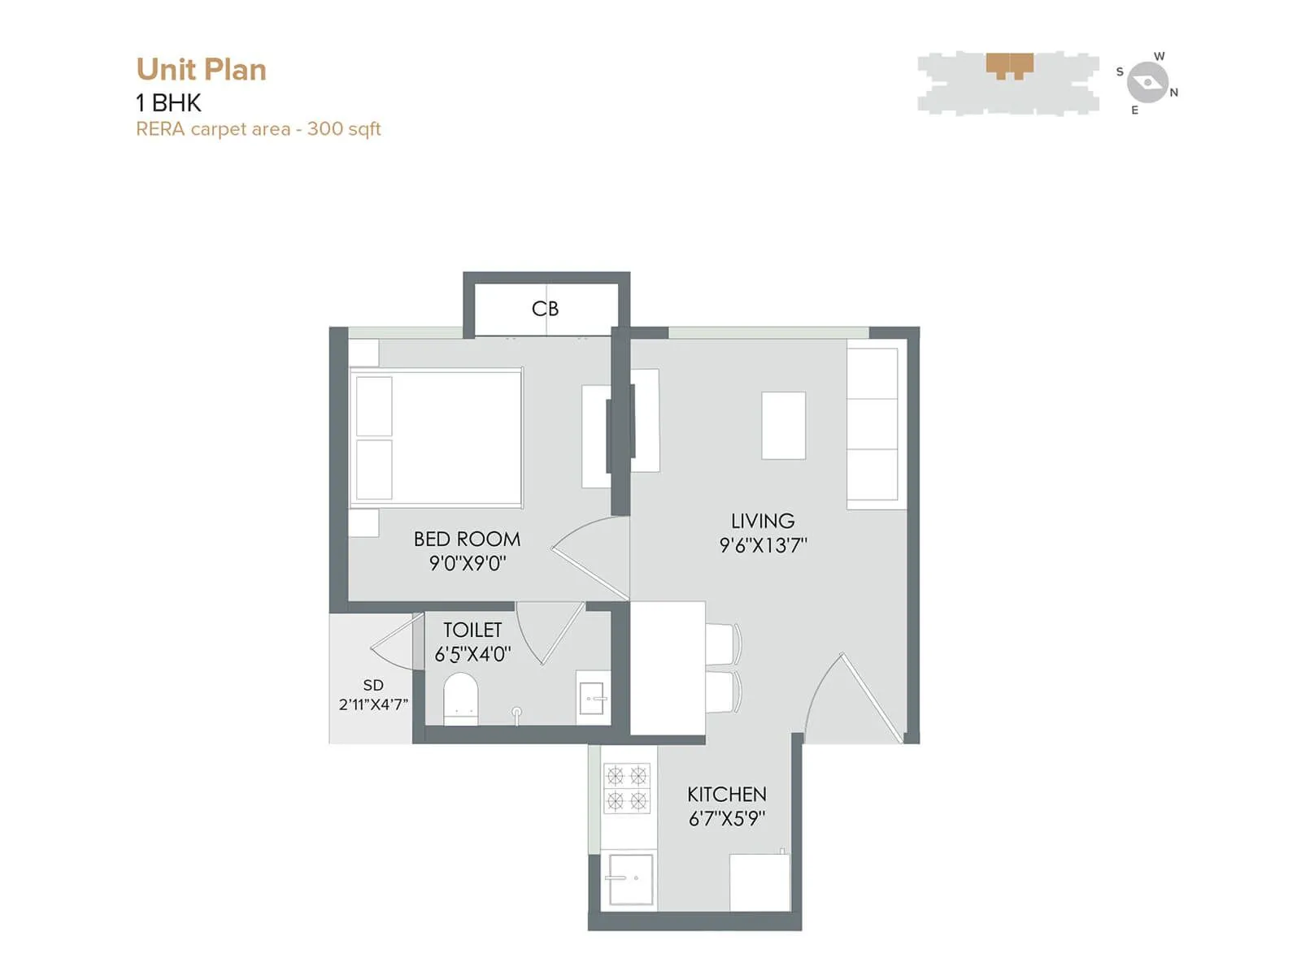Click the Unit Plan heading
click(x=201, y=70)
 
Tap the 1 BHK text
click(x=168, y=103)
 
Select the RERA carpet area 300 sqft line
click(x=258, y=129)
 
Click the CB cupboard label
click(x=545, y=309)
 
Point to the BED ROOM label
click(x=467, y=539)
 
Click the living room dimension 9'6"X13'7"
click(x=762, y=545)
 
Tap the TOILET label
click(x=472, y=630)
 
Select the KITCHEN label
click(x=726, y=794)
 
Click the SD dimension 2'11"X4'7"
click(x=373, y=704)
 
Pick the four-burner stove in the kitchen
click(x=627, y=788)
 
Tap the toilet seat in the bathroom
click(x=461, y=697)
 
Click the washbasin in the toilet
click(x=592, y=697)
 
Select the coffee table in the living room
click(x=783, y=425)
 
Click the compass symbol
click(x=1147, y=82)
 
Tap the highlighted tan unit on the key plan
click(x=1009, y=64)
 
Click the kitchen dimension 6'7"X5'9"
click(x=726, y=818)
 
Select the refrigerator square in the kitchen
click(x=759, y=882)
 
